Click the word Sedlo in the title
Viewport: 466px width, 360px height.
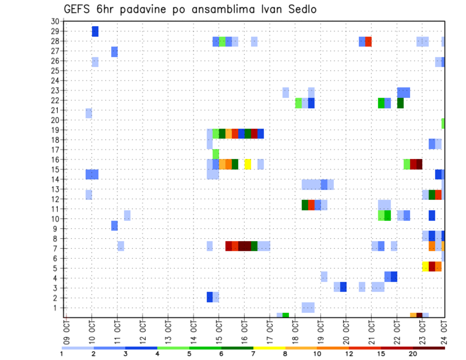[x=301, y=9]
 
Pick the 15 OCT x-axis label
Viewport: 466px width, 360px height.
[x=219, y=329]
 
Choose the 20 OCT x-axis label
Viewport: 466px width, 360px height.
[x=346, y=329]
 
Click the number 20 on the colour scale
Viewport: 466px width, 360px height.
[x=413, y=354]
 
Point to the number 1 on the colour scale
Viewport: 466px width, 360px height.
[x=62, y=354]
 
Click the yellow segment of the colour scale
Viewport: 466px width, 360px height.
[x=269, y=348]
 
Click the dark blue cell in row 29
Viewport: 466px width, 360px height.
[x=95, y=32]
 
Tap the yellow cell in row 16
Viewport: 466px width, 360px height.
[x=248, y=164]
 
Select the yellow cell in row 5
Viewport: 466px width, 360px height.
[x=425, y=266]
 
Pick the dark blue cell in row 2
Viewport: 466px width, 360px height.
[x=210, y=297]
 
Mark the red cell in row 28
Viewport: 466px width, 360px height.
[x=368, y=41]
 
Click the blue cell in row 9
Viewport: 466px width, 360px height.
[x=114, y=226]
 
